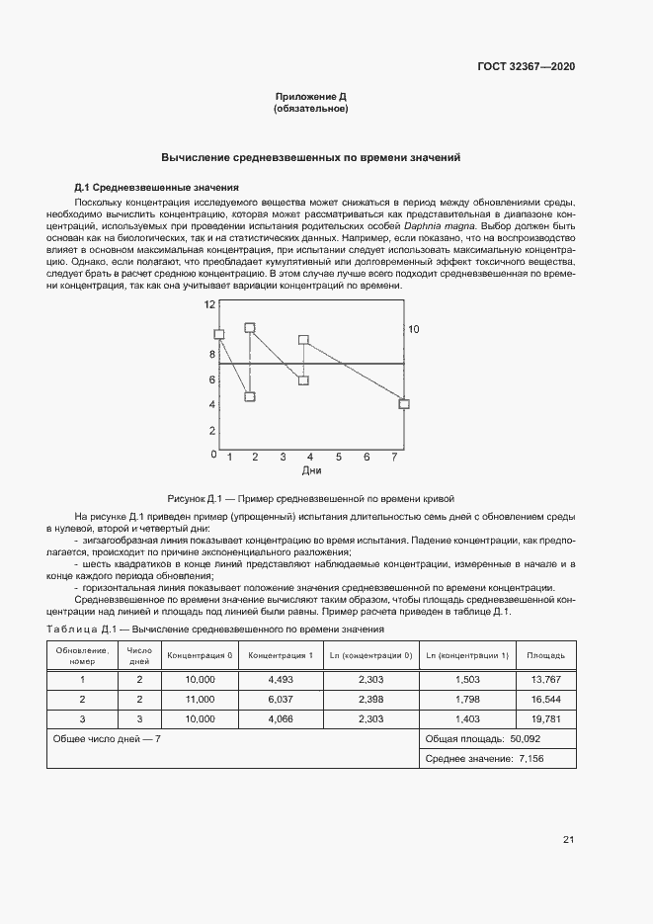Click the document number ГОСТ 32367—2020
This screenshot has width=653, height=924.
(528, 67)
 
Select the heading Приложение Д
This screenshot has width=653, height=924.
(310, 97)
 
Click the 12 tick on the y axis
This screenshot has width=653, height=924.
(209, 305)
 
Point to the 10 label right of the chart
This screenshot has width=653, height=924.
(414, 329)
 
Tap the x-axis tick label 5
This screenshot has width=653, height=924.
(339, 458)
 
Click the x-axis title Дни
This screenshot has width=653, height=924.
(312, 471)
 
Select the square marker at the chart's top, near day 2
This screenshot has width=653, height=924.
(250, 327)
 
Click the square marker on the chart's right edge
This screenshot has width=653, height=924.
(403, 403)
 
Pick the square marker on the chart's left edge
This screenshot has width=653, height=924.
(219, 335)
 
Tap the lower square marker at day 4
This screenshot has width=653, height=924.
(304, 380)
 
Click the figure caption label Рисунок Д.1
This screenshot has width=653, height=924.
(198, 498)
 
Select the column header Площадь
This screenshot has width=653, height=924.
(545, 655)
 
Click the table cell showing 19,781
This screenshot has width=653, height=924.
(545, 718)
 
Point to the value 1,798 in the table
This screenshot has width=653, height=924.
(466, 699)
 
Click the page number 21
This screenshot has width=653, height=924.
(568, 840)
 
